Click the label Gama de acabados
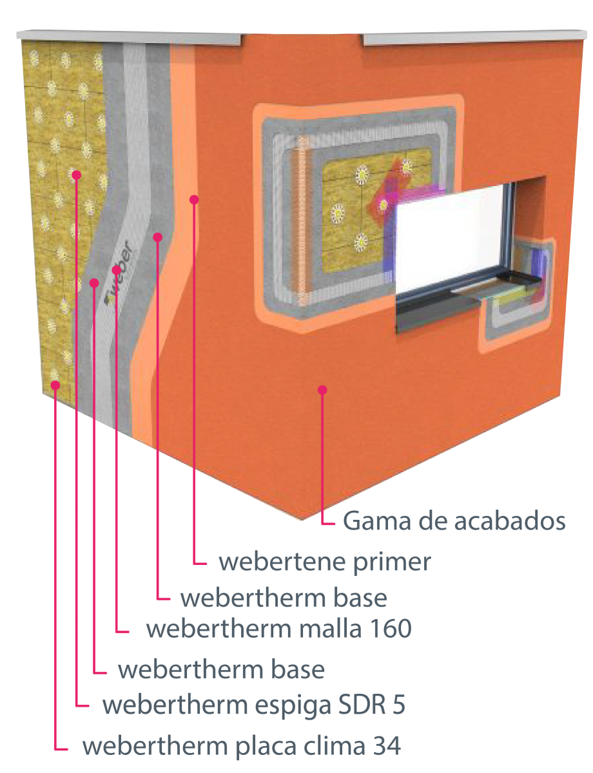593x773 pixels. coord(454,521)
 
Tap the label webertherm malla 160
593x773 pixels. coord(278,629)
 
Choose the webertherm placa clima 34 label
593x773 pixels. coord(242,745)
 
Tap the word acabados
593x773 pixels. coord(510,521)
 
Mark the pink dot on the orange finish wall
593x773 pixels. coord(322,390)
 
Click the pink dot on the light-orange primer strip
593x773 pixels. coord(194,200)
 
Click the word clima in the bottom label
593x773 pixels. coord(334,745)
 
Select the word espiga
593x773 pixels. coord(293,705)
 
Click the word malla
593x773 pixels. coord(331,629)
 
